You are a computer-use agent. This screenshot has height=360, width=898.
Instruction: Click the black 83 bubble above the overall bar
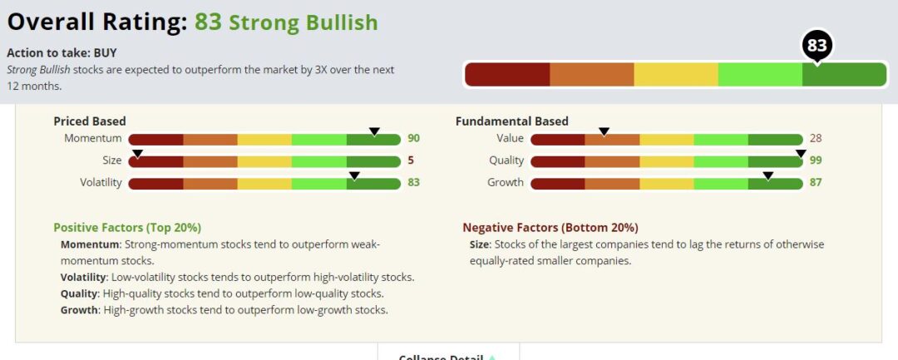817,46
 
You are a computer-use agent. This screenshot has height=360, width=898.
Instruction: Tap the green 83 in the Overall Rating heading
208,22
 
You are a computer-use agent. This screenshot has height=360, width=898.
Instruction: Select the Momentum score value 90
413,139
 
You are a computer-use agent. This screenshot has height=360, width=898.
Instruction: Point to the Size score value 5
411,160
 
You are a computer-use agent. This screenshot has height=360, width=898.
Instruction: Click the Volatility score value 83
413,183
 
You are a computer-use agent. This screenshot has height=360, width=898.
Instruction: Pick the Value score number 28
815,139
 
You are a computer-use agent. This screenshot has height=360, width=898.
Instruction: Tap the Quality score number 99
815,160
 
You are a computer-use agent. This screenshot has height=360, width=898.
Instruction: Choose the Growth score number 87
815,183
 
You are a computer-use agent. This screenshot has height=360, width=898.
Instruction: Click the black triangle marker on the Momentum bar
374,131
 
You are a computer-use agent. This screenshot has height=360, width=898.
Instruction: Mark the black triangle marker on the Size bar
137,153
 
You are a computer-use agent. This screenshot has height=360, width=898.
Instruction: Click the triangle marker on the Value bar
604,131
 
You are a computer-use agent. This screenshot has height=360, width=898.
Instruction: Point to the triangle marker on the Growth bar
768,175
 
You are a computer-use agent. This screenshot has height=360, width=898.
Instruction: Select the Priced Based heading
90,121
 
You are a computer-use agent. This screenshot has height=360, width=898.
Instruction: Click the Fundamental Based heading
511,121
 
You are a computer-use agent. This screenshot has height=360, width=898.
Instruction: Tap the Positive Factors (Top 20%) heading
127,227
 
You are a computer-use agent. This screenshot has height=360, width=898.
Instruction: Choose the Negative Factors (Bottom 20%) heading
550,227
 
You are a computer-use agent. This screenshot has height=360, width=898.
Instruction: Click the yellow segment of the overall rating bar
675,75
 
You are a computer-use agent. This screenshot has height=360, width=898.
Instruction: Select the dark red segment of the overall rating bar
507,75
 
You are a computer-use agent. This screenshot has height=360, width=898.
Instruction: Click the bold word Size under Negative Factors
480,244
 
